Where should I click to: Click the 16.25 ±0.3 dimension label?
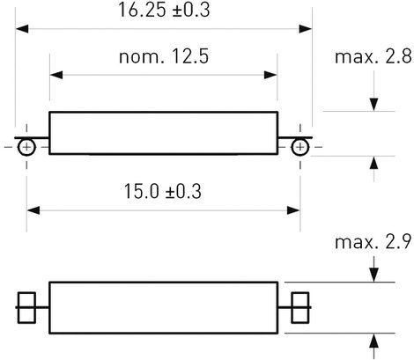tap(164, 10)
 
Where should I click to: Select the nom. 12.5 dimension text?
tap(164, 56)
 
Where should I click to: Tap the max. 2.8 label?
tap(373, 56)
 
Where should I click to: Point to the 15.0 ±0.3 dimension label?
tap(163, 191)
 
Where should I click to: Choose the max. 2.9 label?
tap(373, 242)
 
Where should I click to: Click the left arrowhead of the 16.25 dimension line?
tap(22, 29)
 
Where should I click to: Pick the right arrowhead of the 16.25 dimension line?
tap(306, 29)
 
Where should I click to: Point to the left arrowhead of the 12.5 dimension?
tap(56, 75)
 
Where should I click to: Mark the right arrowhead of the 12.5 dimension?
tap(270, 75)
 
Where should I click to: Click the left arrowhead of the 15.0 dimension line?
tap(33, 210)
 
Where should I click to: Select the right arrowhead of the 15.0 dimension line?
tap(293, 210)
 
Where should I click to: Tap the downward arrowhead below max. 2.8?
tap(373, 105)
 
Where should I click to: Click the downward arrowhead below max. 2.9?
tap(373, 276)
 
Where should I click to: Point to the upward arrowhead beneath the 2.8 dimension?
tap(373, 163)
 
